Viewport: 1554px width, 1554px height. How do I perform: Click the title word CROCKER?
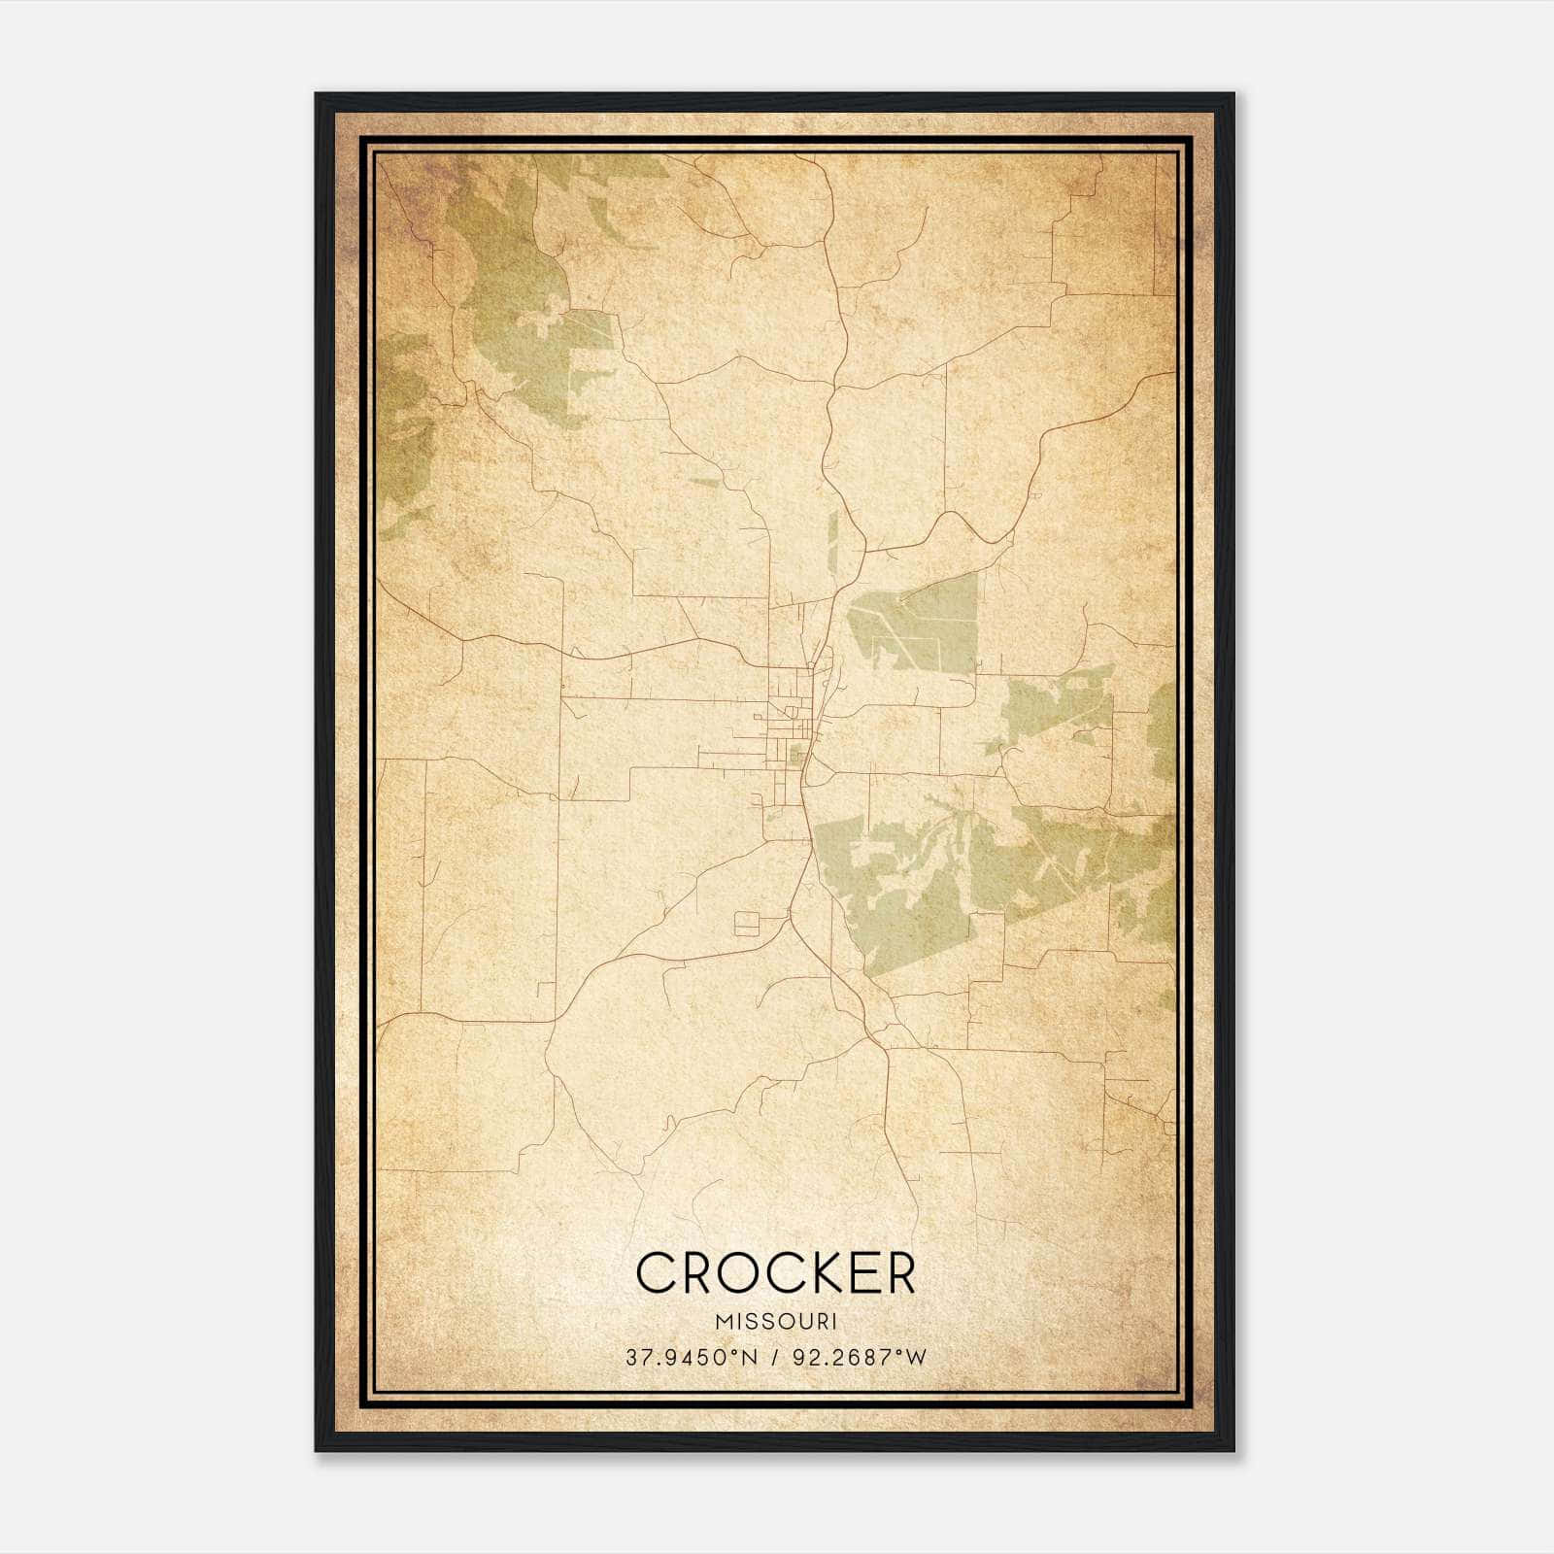pos(775,1272)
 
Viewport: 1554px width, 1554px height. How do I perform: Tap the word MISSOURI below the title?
pos(776,1321)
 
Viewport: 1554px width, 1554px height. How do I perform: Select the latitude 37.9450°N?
pos(691,1357)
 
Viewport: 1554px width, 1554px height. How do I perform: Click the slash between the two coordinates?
pos(775,1357)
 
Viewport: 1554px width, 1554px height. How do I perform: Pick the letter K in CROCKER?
pos(812,1272)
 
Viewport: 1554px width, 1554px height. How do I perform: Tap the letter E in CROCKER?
pos(855,1272)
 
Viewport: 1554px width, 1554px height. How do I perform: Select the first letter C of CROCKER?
pos(654,1272)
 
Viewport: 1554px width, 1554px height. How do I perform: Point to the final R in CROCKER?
pos(898,1272)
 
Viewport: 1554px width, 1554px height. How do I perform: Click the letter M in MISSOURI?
pos(723,1321)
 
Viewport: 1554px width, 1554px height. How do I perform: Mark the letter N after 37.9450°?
pos(749,1357)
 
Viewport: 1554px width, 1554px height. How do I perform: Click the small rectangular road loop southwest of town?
pos(747,923)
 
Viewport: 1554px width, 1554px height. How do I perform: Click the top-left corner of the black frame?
pos(317,95)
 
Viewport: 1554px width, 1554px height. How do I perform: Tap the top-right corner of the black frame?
pos(1233,95)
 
